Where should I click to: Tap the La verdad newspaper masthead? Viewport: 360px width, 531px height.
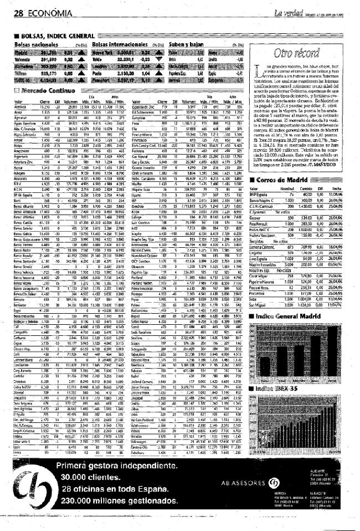[x=287, y=12]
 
